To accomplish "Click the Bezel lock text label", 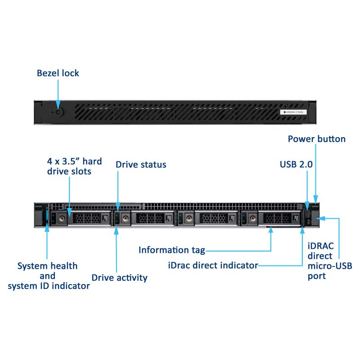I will pyautogui.click(x=58, y=73).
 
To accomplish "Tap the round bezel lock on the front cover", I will pyautogui.click(x=58, y=110).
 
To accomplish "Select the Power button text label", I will pyautogui.click(x=317, y=139).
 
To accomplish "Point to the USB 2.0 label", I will pyautogui.click(x=296, y=165).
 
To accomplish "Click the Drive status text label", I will pyautogui.click(x=141, y=165).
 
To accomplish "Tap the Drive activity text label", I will pyautogui.click(x=119, y=278).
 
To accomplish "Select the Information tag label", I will pyautogui.click(x=171, y=250).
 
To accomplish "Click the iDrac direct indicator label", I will pyautogui.click(x=213, y=265).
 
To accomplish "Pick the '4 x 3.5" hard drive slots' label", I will pyautogui.click(x=74, y=166).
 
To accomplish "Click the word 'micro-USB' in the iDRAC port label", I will pyautogui.click(x=329, y=266).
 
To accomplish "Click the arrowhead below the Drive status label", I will pyautogui.click(x=117, y=207).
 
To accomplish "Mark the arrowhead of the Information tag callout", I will pyautogui.click(x=270, y=230).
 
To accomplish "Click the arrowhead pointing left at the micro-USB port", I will pyautogui.click(x=321, y=219).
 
